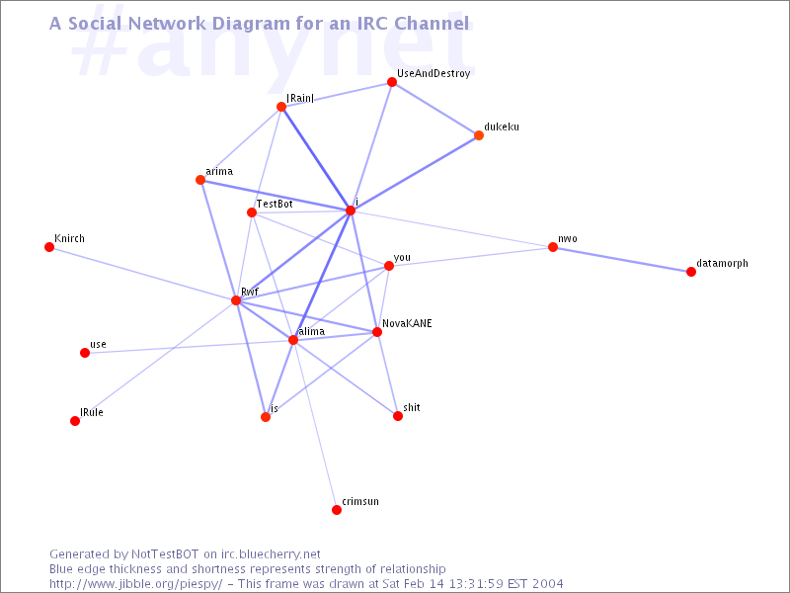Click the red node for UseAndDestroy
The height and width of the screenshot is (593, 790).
392,83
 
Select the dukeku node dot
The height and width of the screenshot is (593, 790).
479,135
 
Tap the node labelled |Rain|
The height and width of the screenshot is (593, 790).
281,107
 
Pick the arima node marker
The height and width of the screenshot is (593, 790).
200,180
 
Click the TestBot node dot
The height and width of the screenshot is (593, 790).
252,212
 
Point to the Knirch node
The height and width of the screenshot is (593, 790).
49,247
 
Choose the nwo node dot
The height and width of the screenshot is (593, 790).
553,247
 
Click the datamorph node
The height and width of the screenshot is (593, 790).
691,272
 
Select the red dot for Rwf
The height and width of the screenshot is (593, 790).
236,300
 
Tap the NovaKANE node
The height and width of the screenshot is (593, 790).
377,332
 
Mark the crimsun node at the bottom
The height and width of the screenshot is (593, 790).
337,510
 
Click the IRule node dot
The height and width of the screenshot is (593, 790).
75,421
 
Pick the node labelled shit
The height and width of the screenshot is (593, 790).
398,416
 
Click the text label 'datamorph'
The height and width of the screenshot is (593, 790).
722,264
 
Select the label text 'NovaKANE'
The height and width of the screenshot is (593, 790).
407,323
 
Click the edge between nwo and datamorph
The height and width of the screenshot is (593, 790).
622,259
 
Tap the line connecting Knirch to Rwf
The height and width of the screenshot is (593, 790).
143,274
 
